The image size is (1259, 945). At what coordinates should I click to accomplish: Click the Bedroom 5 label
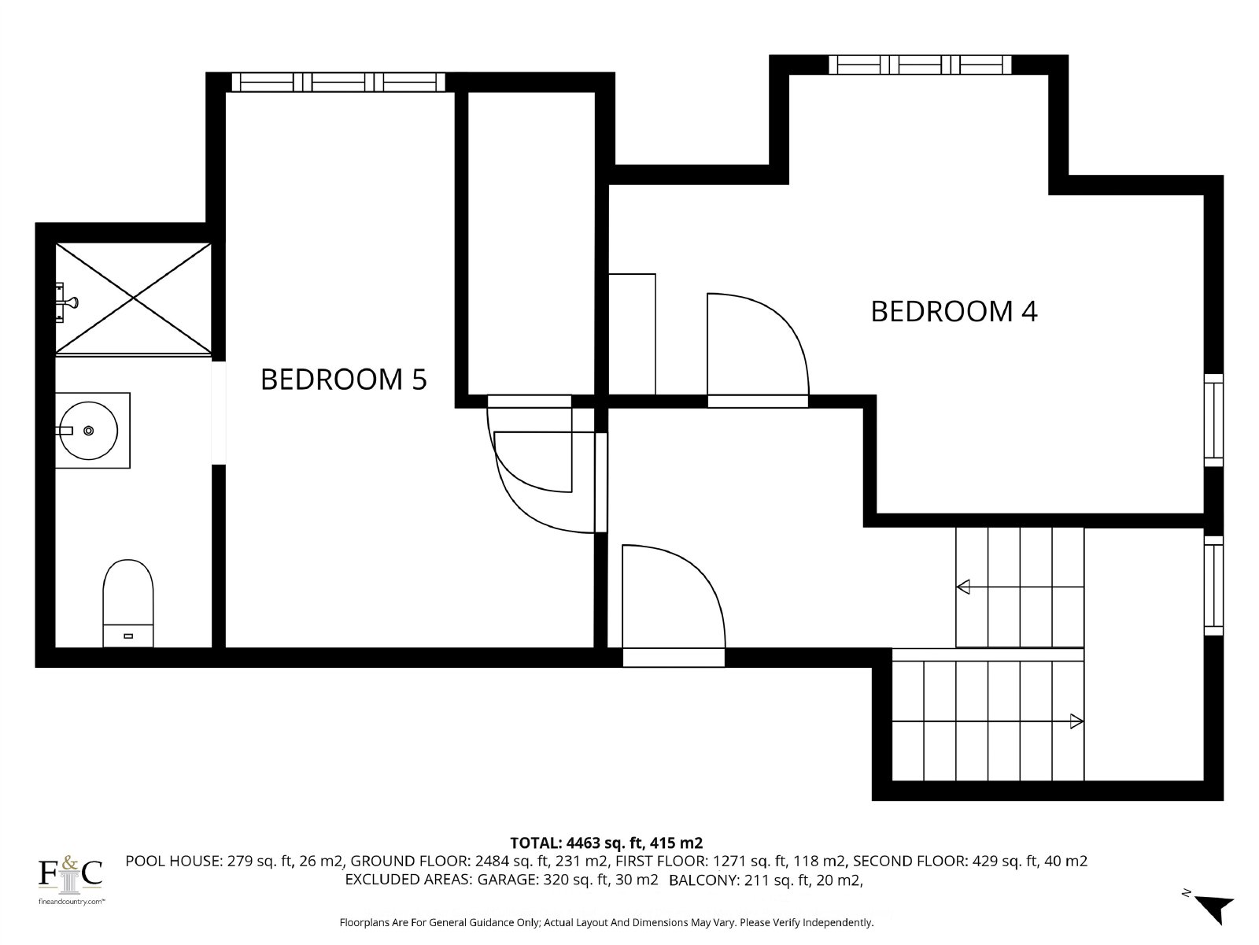tap(344, 380)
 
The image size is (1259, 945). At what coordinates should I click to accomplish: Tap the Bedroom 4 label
tap(954, 312)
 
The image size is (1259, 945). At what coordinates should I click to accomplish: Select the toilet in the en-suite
tap(128, 603)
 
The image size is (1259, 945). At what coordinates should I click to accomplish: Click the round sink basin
tap(90, 430)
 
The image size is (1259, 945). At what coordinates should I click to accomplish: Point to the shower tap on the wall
tap(67, 302)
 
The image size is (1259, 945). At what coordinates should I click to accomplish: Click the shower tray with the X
tap(133, 298)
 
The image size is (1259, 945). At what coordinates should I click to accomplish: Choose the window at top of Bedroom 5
tap(338, 82)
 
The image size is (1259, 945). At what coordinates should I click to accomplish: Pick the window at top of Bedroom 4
tap(920, 65)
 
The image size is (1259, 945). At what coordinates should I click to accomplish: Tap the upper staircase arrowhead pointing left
tap(964, 587)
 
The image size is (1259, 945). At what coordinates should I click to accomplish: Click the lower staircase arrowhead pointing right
tap(1076, 721)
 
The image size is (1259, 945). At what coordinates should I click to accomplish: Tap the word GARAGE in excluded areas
tap(507, 880)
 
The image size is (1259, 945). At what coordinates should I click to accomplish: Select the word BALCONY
tap(704, 880)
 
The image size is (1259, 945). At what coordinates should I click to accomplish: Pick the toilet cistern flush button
tap(128, 636)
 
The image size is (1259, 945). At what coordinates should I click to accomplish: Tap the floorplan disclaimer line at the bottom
tap(606, 923)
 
